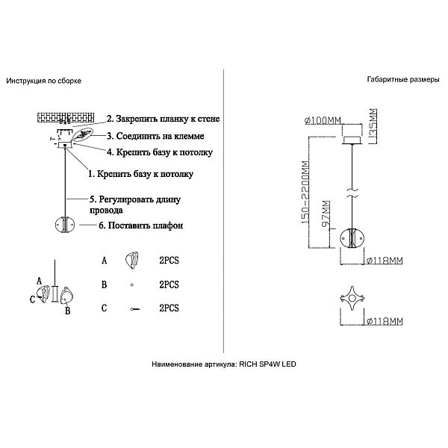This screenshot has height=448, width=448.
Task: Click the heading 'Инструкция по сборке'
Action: pos(44,81)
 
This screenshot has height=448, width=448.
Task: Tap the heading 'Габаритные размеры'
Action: pos(403,80)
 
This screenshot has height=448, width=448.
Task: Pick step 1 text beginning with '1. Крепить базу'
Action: pos(140,174)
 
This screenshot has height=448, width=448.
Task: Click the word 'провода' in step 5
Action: pos(106,211)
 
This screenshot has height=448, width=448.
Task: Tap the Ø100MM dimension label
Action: pos(323,120)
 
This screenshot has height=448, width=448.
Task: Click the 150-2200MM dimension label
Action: pos(305,193)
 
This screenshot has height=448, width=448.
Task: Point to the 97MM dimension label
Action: pos(326,214)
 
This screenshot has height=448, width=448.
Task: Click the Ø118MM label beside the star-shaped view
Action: pos(385,321)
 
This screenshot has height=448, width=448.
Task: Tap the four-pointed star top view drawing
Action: pos(352,299)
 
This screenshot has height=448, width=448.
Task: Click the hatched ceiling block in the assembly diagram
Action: pos(66,117)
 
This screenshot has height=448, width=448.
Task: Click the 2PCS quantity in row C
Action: pos(169,308)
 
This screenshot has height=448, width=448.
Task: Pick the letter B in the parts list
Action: pos(104,285)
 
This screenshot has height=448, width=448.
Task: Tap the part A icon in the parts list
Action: pos(131,261)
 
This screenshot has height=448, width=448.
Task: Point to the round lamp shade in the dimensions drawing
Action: pos(352,239)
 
